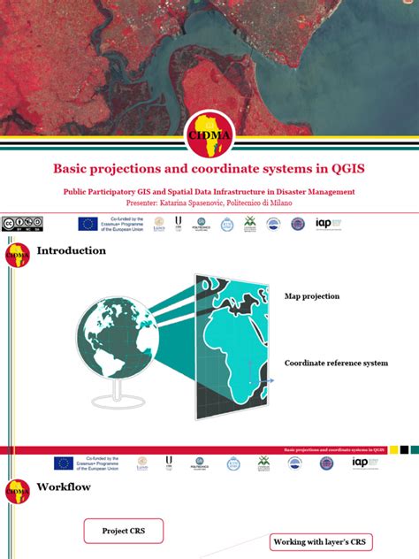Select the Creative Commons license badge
tap(22, 224)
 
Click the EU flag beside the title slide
tap(88, 224)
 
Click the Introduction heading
tap(71, 250)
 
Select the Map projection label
tap(311, 295)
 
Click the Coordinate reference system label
tap(336, 363)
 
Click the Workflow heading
tap(64, 486)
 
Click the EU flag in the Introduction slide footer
tap(64, 463)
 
